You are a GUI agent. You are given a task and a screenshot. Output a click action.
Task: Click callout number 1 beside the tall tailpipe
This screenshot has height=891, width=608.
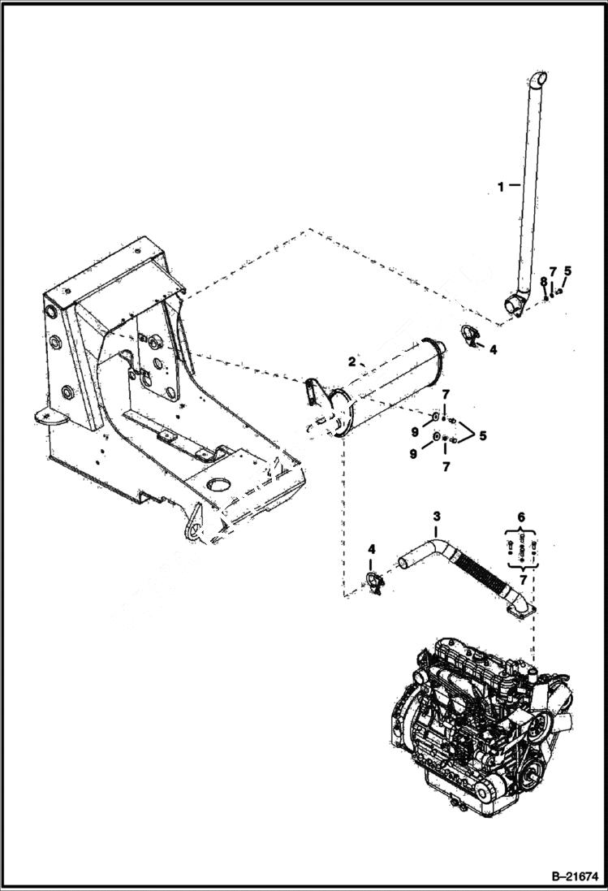click(x=501, y=186)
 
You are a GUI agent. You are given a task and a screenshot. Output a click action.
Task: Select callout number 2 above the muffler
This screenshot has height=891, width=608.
click(x=352, y=362)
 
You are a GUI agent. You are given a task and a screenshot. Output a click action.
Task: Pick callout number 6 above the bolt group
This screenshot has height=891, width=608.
click(x=521, y=516)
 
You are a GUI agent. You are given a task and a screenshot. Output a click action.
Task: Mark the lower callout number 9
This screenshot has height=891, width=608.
click(x=413, y=455)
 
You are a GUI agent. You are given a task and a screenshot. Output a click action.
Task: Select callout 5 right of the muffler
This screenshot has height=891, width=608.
click(x=483, y=436)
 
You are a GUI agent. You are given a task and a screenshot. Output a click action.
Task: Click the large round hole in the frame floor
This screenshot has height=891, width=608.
click(x=219, y=484)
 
